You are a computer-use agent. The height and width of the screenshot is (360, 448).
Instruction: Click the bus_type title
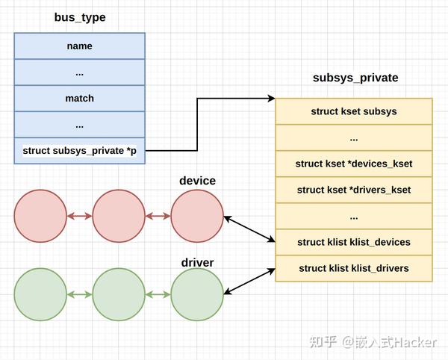point(80,17)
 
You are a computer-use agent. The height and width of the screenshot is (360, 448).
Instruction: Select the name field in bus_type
point(79,46)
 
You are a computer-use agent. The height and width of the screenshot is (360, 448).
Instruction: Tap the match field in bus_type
point(79,99)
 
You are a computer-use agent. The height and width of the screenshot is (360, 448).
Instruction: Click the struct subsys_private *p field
point(79,151)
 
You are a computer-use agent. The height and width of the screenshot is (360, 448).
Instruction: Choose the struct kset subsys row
point(354,111)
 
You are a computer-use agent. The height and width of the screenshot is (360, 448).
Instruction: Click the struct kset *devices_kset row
point(354,164)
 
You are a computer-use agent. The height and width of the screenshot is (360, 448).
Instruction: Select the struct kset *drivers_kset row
point(354,190)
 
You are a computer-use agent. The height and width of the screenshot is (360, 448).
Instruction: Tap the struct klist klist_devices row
point(354,242)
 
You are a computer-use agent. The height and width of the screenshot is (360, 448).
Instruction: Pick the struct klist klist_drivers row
point(354,268)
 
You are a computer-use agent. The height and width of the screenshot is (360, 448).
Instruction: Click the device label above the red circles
point(197,181)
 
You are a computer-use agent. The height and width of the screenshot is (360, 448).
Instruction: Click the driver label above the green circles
point(197,262)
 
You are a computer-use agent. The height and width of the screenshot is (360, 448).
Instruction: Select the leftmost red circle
point(40,217)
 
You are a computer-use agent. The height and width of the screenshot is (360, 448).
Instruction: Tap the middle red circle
point(119,217)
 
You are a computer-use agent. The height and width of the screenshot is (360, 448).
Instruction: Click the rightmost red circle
point(197,217)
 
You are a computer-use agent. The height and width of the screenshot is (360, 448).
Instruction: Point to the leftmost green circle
point(40,295)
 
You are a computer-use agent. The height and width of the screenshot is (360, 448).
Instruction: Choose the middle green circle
point(119,295)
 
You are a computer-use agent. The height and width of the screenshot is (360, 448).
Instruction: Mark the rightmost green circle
point(197,295)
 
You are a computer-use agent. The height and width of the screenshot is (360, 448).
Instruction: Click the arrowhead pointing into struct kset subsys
point(271,99)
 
